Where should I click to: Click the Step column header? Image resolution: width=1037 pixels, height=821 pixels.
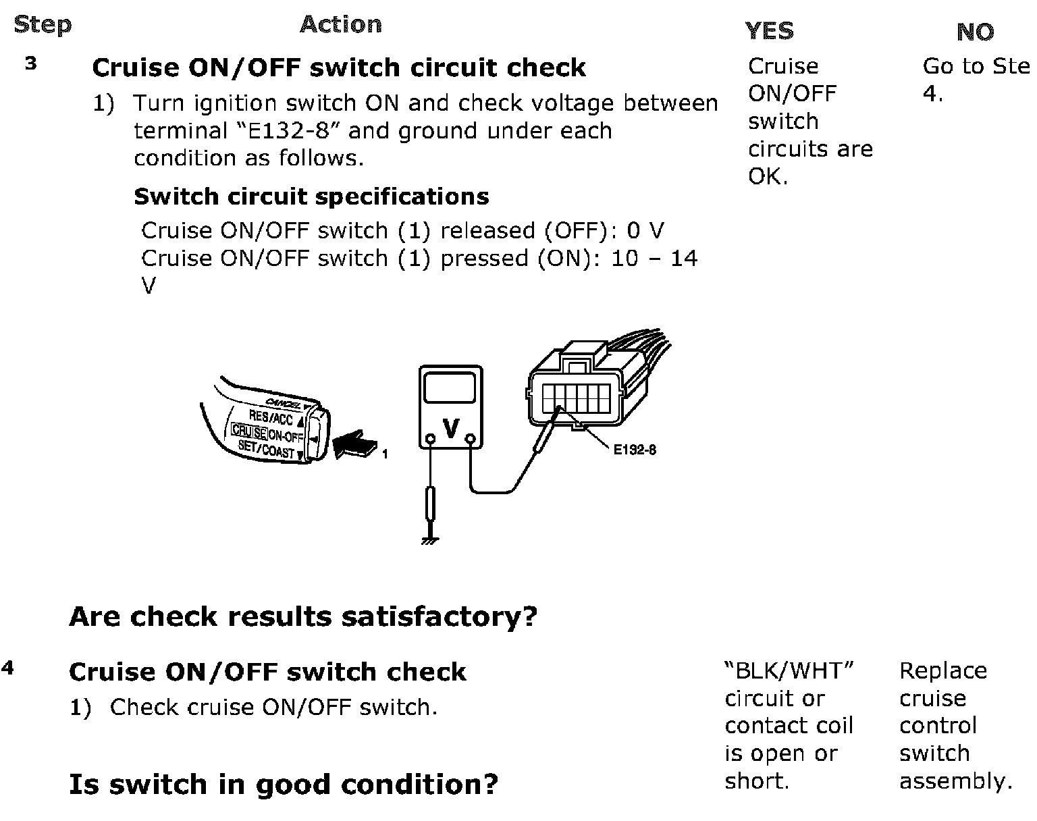[x=42, y=25]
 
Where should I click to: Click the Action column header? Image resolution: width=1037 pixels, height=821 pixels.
[x=340, y=24]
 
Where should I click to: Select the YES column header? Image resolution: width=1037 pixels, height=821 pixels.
[x=769, y=31]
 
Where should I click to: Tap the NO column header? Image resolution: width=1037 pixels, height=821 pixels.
[x=975, y=32]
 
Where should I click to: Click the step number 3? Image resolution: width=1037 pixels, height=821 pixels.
[x=31, y=64]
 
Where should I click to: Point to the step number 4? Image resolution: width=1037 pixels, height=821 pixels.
[x=7, y=668]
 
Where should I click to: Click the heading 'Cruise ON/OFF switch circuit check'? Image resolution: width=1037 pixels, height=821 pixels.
[x=339, y=68]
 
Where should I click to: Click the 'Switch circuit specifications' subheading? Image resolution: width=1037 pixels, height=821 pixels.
[x=311, y=196]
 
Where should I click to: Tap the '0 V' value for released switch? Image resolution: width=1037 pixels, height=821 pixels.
[x=645, y=230]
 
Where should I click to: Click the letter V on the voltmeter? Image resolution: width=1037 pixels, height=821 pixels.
[x=450, y=427]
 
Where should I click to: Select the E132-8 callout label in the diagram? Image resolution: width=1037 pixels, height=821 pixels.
[x=634, y=450]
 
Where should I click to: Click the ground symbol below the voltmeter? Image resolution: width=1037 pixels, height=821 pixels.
[x=429, y=540]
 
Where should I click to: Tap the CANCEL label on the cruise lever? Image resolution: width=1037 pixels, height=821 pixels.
[x=284, y=402]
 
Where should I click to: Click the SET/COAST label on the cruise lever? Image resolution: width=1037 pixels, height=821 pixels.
[x=266, y=448]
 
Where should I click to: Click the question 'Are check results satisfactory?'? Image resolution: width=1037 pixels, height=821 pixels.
[x=303, y=616]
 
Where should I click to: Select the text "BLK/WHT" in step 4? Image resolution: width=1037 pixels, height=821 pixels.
[x=789, y=670]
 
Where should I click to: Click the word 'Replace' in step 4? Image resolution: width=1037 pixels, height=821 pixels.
[x=942, y=670]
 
